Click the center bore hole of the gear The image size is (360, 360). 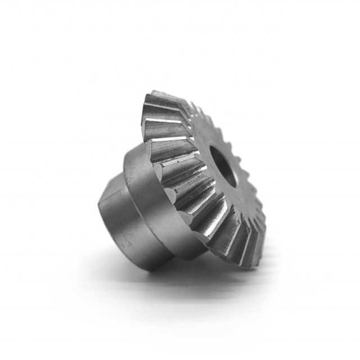point(224,164)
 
